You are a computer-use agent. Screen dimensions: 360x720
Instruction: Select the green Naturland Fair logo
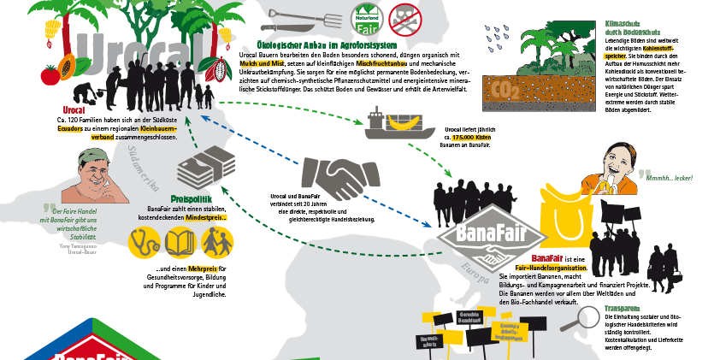pyautogui.click(x=365, y=18)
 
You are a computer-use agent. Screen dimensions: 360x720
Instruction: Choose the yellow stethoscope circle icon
pyautogui.click(x=142, y=243)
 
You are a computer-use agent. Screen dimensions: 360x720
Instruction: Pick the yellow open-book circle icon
pyautogui.click(x=179, y=243)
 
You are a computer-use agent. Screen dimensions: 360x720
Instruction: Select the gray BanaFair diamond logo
pyautogui.click(x=492, y=234)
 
